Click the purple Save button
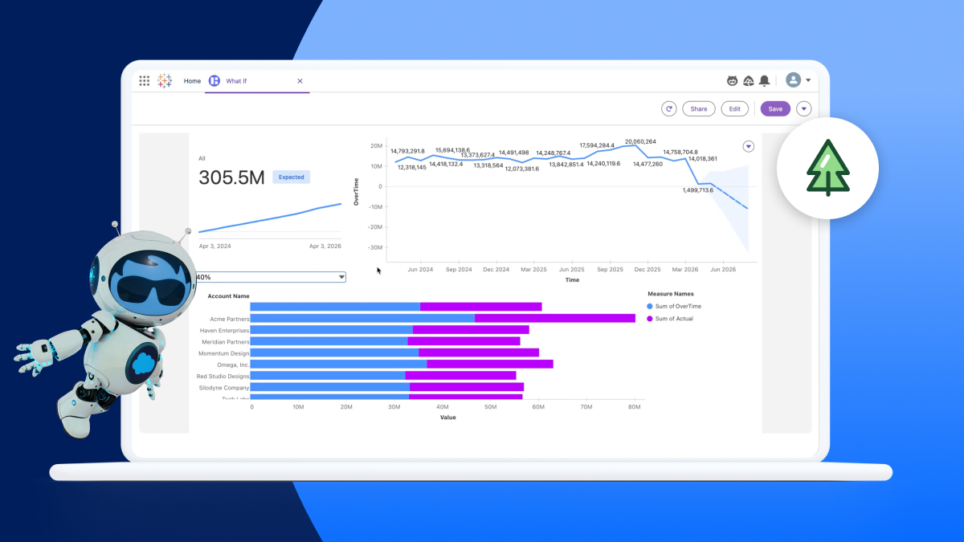click(775, 109)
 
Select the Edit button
click(734, 109)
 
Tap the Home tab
click(192, 81)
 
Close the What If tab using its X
click(300, 81)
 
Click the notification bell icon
click(764, 80)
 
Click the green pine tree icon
click(828, 168)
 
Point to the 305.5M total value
click(231, 177)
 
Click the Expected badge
click(291, 177)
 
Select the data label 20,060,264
click(640, 141)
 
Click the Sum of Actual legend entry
click(673, 319)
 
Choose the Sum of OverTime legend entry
click(677, 307)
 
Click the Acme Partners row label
click(229, 319)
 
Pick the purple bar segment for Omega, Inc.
click(489, 365)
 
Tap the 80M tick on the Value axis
click(633, 407)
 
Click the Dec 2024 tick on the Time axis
click(496, 270)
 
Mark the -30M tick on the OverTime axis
click(375, 247)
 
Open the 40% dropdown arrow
click(341, 277)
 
